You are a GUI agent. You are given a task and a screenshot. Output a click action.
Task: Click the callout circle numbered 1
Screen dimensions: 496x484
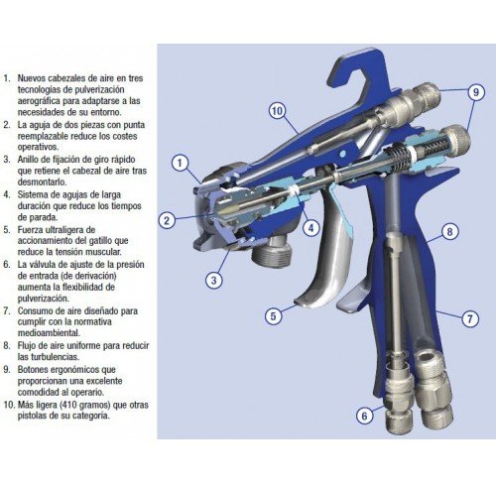pyautogui.click(x=180, y=163)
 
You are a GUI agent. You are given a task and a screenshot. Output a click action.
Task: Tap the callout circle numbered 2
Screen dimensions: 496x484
pyautogui.click(x=167, y=220)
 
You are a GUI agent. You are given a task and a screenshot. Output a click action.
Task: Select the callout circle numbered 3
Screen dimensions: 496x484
pyautogui.click(x=214, y=281)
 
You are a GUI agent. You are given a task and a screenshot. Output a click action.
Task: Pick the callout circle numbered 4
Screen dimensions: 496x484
pyautogui.click(x=311, y=228)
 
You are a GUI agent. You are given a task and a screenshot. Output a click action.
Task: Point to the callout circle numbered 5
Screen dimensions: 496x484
pyautogui.click(x=273, y=316)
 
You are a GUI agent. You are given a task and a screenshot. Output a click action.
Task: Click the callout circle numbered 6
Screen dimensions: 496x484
pyautogui.click(x=364, y=416)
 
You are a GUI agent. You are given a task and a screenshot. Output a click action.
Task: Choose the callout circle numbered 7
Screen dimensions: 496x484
pyautogui.click(x=470, y=319)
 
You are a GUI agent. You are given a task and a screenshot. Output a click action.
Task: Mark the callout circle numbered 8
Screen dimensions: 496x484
pyautogui.click(x=449, y=232)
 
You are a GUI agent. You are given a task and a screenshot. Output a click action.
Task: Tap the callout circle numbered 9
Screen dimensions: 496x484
pyautogui.click(x=476, y=92)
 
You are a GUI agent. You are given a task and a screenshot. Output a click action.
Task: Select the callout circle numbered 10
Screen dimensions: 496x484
pyautogui.click(x=277, y=111)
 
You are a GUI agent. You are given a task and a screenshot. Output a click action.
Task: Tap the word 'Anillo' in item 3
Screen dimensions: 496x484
pyautogui.click(x=29, y=160)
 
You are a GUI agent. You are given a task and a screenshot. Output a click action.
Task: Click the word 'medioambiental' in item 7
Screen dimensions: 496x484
pyautogui.click(x=49, y=333)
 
